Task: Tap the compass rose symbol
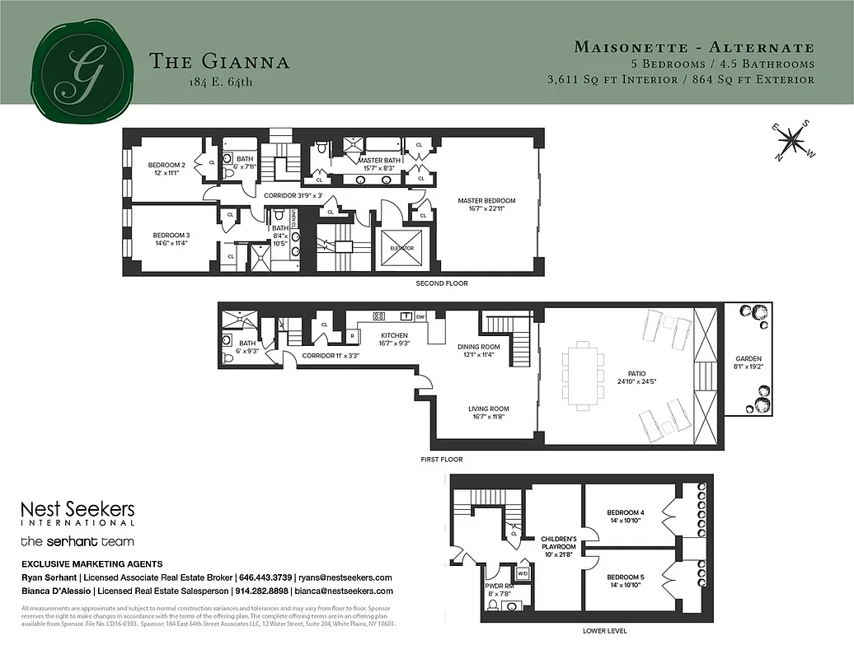pyautogui.click(x=792, y=139)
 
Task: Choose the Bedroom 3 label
pyautogui.click(x=171, y=238)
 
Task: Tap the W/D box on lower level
pyautogui.click(x=522, y=573)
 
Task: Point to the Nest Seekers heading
pyautogui.click(x=77, y=510)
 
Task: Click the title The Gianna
pyautogui.click(x=218, y=61)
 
